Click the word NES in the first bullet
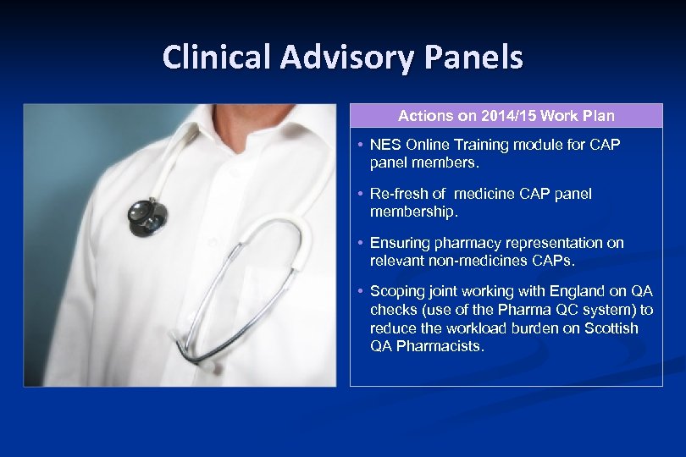point(384,145)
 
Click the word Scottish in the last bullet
point(611,328)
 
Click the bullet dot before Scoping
point(361,292)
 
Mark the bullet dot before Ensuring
point(361,243)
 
